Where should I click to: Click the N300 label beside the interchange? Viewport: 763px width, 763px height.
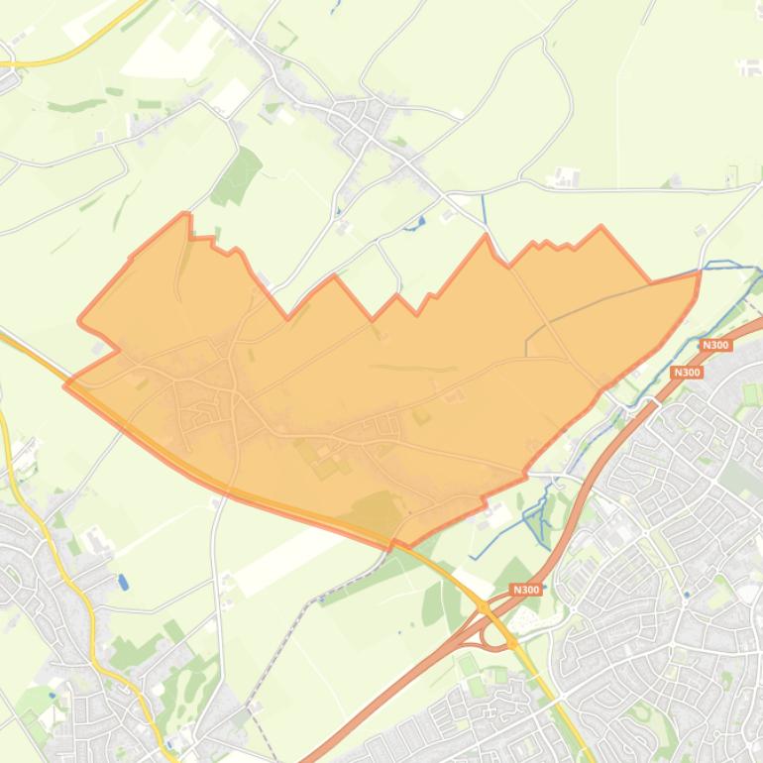click(x=526, y=590)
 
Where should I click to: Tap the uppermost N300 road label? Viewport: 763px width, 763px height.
click(x=714, y=345)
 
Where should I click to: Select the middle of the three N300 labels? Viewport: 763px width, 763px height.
click(x=685, y=373)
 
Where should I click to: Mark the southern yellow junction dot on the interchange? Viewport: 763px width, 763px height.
click(x=511, y=644)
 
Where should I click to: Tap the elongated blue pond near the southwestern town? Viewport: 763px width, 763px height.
click(x=122, y=582)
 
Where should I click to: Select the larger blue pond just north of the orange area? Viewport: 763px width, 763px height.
click(x=420, y=221)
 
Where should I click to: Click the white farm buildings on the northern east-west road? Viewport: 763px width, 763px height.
click(x=567, y=178)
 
